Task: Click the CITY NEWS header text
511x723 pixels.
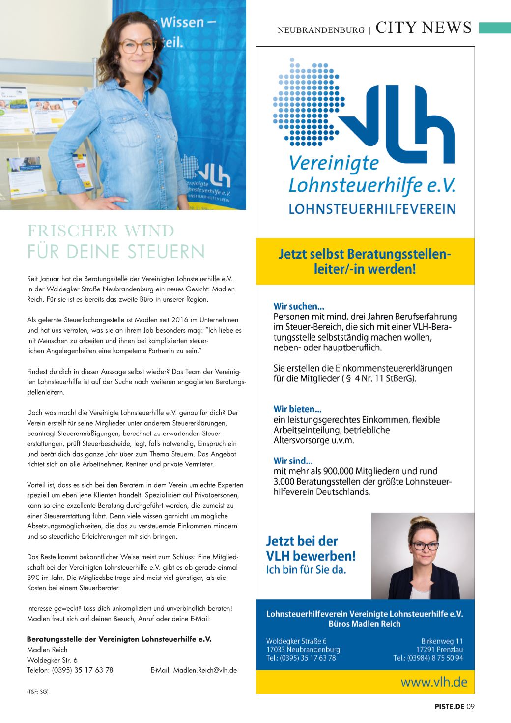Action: coord(423,28)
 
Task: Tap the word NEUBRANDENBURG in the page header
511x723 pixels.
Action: coord(321,30)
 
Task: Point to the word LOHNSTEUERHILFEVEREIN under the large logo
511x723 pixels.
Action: coord(371,209)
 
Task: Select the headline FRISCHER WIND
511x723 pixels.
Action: coord(101,231)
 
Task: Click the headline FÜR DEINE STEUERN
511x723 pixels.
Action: coord(116,251)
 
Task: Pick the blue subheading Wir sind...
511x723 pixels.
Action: coord(293,461)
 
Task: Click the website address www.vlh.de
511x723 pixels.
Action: coord(434,682)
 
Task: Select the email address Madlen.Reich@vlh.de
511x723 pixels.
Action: coord(205,670)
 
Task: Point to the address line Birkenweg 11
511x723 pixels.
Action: coord(442,641)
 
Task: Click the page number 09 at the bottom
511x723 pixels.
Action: coord(471,707)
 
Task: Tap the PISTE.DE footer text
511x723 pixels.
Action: coord(449,707)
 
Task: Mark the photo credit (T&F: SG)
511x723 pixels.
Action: coord(38,691)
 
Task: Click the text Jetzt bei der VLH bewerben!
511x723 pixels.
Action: coord(311,549)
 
